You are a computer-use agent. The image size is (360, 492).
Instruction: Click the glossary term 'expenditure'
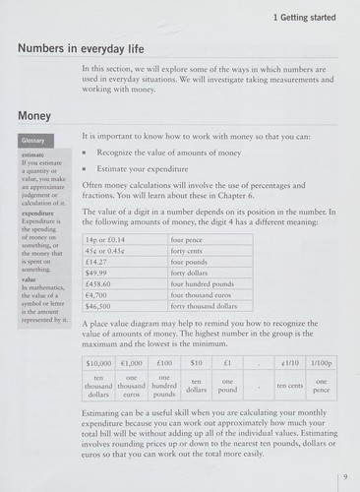[37, 213]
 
